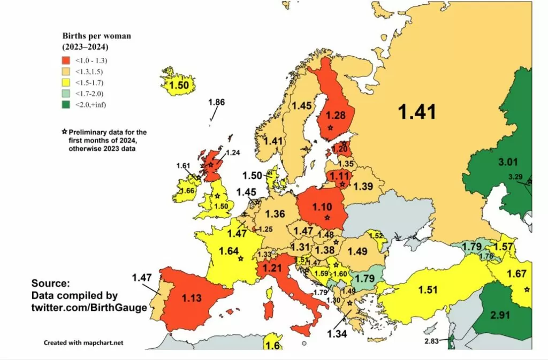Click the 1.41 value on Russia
pos(416,112)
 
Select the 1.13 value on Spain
pos(191,298)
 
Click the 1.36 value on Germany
pos(275,214)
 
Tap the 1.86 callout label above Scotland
pos(217,102)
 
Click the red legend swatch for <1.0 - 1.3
pos(67,60)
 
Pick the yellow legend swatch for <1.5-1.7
pos(67,82)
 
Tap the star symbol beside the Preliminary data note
pos(64,132)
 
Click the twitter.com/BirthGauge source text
pos(89,308)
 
